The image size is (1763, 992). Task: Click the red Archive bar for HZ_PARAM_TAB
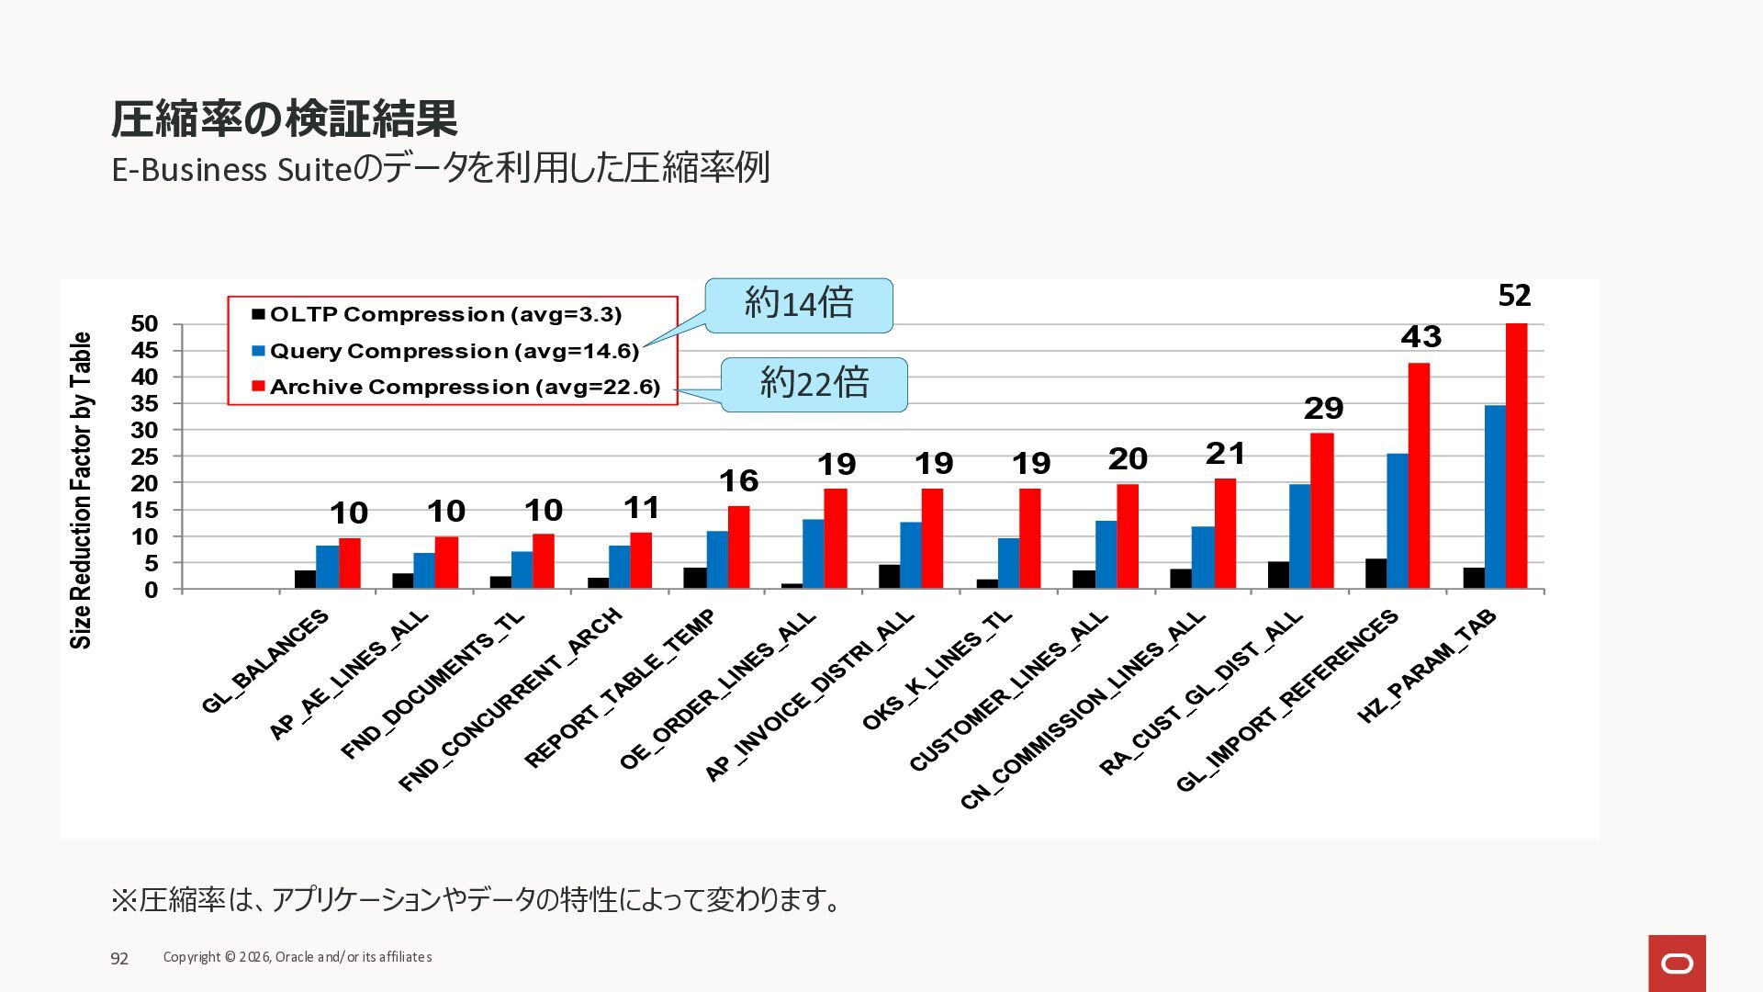pos(1516,456)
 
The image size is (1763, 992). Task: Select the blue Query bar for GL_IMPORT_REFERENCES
pos(1397,521)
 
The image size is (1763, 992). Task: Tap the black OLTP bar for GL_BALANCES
pos(305,580)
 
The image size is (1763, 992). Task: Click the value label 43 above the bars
pos(1421,337)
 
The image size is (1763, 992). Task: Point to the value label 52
pos(1514,296)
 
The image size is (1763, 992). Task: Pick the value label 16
pos(738,481)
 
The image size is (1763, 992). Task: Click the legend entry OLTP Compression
pos(445,314)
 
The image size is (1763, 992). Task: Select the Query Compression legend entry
pos(454,351)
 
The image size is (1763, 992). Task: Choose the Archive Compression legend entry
pos(465,387)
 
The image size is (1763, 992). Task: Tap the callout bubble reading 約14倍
pos(799,304)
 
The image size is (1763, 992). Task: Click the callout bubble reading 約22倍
pos(814,384)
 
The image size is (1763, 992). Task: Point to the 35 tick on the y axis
pos(145,404)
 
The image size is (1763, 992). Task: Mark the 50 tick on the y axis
pos(145,324)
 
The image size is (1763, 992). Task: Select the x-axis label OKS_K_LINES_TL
pos(937,671)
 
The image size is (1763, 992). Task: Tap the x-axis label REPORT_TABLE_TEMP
pos(620,689)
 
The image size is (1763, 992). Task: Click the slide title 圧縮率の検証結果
pos(284,118)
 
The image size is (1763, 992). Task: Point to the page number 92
pos(119,959)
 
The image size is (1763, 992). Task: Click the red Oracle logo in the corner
pos(1677,963)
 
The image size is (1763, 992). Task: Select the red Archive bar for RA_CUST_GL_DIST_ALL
pos(1322,511)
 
